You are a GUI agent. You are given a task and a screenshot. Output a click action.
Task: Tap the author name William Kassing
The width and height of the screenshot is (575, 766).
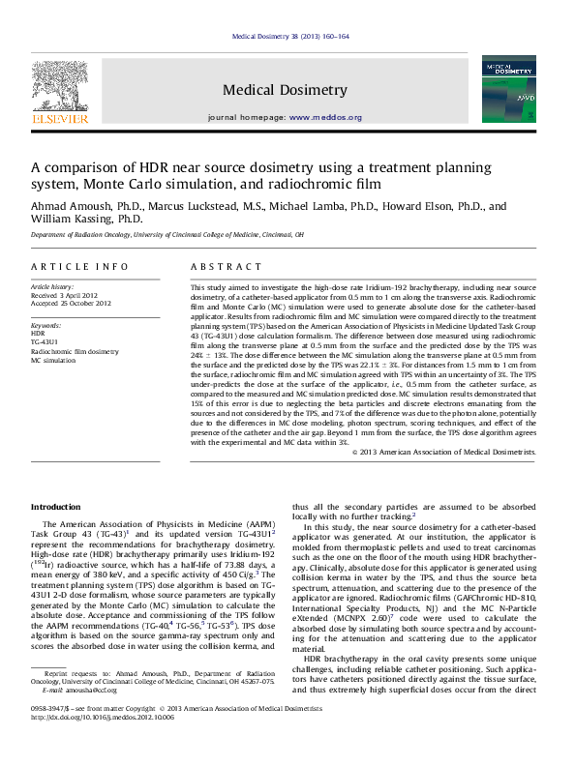pos(74,219)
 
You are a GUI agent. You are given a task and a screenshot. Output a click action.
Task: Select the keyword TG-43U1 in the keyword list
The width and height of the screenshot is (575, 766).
pos(44,342)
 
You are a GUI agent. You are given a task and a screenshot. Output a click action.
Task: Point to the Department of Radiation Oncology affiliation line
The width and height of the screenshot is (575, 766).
pos(165,234)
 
